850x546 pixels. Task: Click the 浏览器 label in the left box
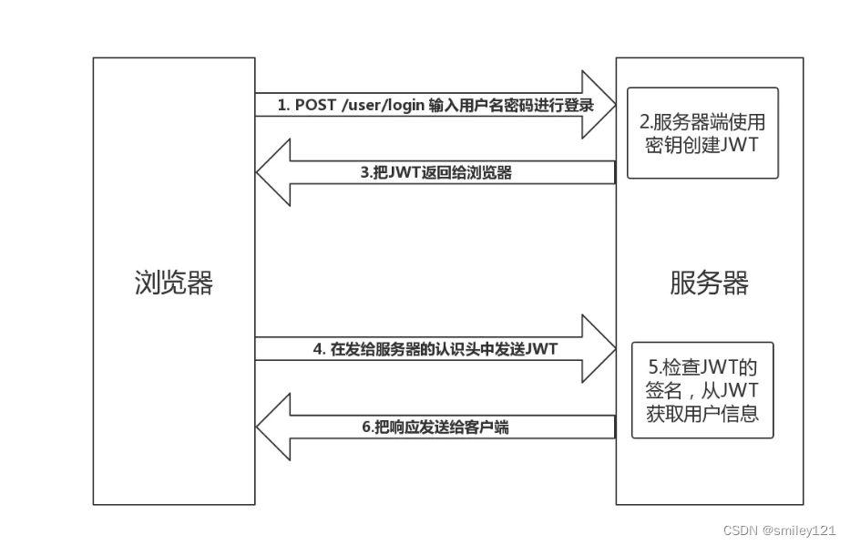coord(173,283)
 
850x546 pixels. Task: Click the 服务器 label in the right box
coord(709,283)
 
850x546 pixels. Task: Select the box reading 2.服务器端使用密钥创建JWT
coord(702,133)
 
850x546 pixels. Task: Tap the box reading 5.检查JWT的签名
coord(702,389)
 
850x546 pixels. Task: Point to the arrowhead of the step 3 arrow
coord(272,171)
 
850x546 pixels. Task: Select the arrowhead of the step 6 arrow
coord(272,426)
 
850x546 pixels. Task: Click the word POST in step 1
coord(315,106)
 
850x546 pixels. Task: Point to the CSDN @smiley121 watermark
coord(779,530)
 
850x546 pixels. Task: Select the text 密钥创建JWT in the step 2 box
coord(702,146)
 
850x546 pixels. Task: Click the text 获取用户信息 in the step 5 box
coord(702,411)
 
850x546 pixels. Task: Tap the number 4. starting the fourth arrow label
coord(319,349)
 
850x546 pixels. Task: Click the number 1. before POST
coord(283,106)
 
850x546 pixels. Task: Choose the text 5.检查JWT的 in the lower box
coord(702,367)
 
